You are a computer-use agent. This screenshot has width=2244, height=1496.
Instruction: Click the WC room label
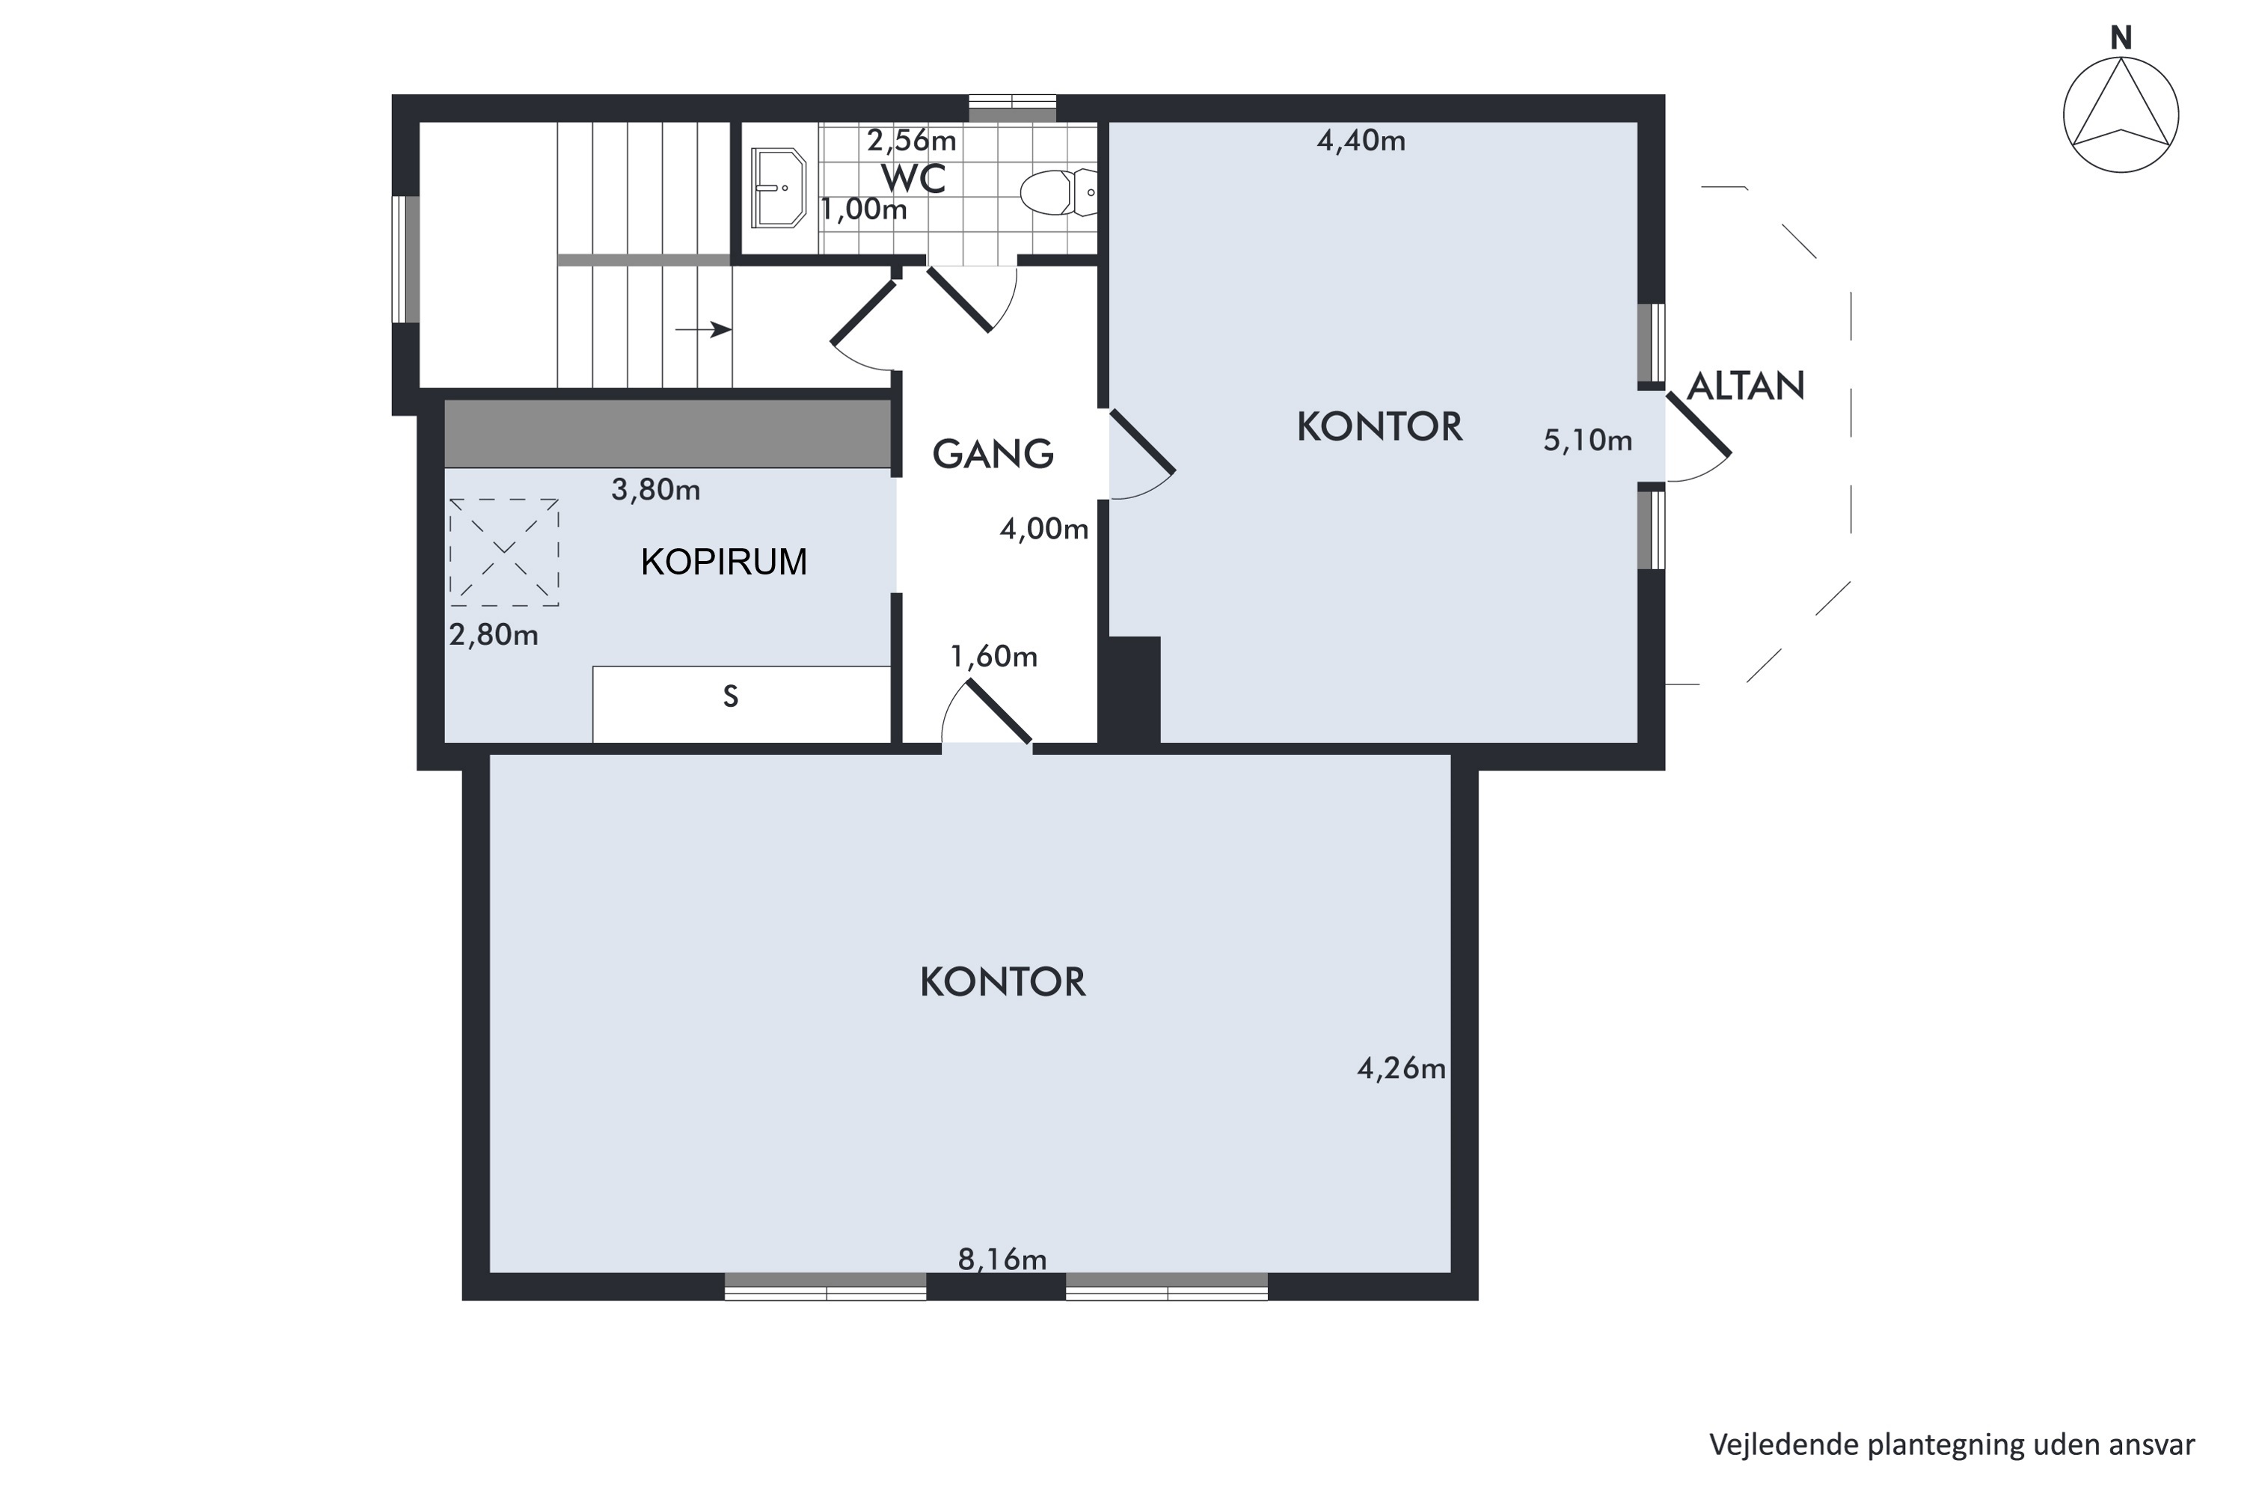pyautogui.click(x=913, y=179)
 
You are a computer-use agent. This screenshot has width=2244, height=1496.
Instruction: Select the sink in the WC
pyautogui.click(x=779, y=188)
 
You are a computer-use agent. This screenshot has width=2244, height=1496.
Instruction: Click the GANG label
pyautogui.click(x=993, y=454)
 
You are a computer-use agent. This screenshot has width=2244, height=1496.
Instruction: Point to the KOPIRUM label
pyautogui.click(x=723, y=562)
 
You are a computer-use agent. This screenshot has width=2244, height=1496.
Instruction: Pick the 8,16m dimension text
pyautogui.click(x=1002, y=1260)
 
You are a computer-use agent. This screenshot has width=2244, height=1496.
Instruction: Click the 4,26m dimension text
pyautogui.click(x=1400, y=1069)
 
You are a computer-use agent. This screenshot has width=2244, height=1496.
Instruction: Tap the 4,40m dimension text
pyautogui.click(x=1361, y=141)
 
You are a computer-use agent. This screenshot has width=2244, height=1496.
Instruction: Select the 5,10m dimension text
pyautogui.click(x=1587, y=440)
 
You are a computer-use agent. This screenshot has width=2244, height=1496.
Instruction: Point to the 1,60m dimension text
pyautogui.click(x=993, y=657)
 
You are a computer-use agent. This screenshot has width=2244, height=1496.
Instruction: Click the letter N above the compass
pyautogui.click(x=2120, y=38)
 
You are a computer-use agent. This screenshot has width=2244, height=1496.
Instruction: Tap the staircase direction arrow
pyautogui.click(x=703, y=330)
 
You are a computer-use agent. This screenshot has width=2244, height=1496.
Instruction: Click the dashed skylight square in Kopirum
pyautogui.click(x=503, y=553)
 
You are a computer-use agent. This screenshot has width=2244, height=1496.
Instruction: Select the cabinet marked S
pyautogui.click(x=741, y=704)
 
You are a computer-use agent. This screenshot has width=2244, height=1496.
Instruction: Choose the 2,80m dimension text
pyautogui.click(x=493, y=634)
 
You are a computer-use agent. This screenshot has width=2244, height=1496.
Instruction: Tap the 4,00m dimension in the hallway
pyautogui.click(x=1043, y=529)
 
